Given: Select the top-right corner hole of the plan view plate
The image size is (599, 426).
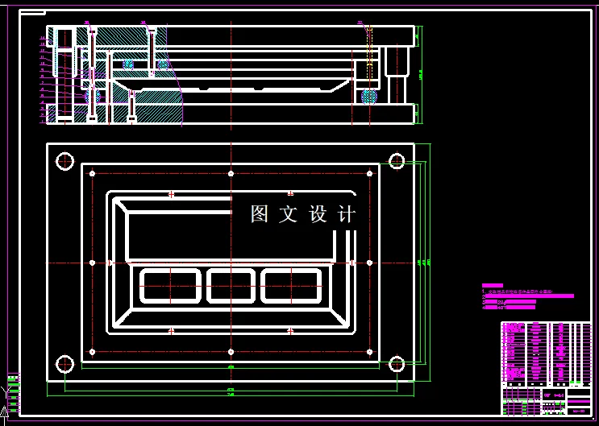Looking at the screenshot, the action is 396,161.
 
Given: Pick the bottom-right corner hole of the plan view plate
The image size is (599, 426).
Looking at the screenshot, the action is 396,364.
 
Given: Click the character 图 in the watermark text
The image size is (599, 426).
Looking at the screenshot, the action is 260,214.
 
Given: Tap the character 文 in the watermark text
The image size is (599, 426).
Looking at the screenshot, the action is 289,214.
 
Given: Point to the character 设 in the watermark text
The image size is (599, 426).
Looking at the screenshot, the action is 318,214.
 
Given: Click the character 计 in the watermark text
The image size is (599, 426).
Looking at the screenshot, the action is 347,214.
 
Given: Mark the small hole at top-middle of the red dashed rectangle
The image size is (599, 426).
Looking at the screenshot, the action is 231,173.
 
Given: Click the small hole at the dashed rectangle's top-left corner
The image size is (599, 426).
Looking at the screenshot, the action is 93,173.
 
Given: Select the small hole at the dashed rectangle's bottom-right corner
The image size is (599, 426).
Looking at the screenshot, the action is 368,351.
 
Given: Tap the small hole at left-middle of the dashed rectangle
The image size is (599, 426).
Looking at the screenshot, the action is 93,263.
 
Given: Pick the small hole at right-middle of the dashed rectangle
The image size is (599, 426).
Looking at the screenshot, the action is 368,263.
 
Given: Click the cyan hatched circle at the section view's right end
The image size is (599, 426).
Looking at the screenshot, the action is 369,97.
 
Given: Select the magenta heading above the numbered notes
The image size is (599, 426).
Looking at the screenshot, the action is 492,285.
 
